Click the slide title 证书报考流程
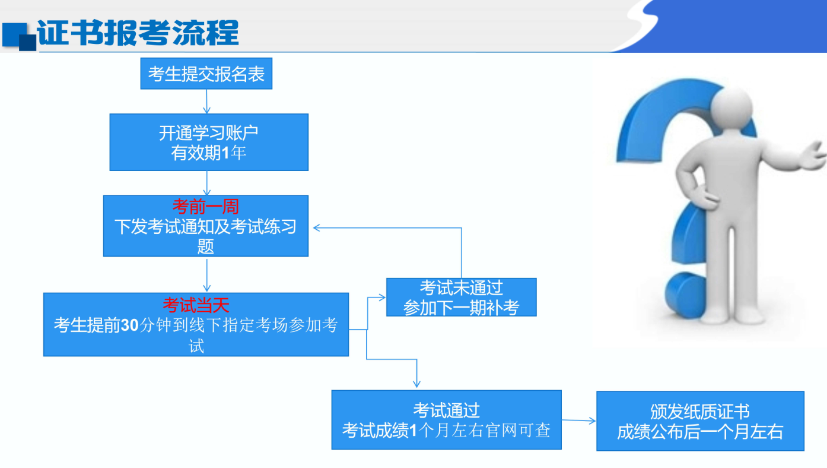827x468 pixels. (x=138, y=33)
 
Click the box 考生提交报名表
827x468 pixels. (x=206, y=73)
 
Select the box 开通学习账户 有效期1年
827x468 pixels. (x=209, y=142)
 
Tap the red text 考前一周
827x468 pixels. (x=206, y=206)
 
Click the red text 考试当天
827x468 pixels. (x=196, y=305)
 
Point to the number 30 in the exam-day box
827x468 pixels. (x=129, y=325)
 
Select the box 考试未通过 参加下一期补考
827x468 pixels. (x=461, y=297)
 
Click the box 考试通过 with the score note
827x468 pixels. (x=446, y=420)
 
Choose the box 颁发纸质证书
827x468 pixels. (x=700, y=421)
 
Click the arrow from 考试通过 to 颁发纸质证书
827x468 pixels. (x=579, y=420)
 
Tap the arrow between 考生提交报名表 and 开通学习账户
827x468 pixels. (x=206, y=102)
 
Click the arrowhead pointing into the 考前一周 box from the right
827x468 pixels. (x=316, y=227)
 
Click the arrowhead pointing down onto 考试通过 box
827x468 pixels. (x=417, y=384)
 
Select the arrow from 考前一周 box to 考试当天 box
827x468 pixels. (x=206, y=275)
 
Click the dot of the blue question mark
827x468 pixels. (x=685, y=295)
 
